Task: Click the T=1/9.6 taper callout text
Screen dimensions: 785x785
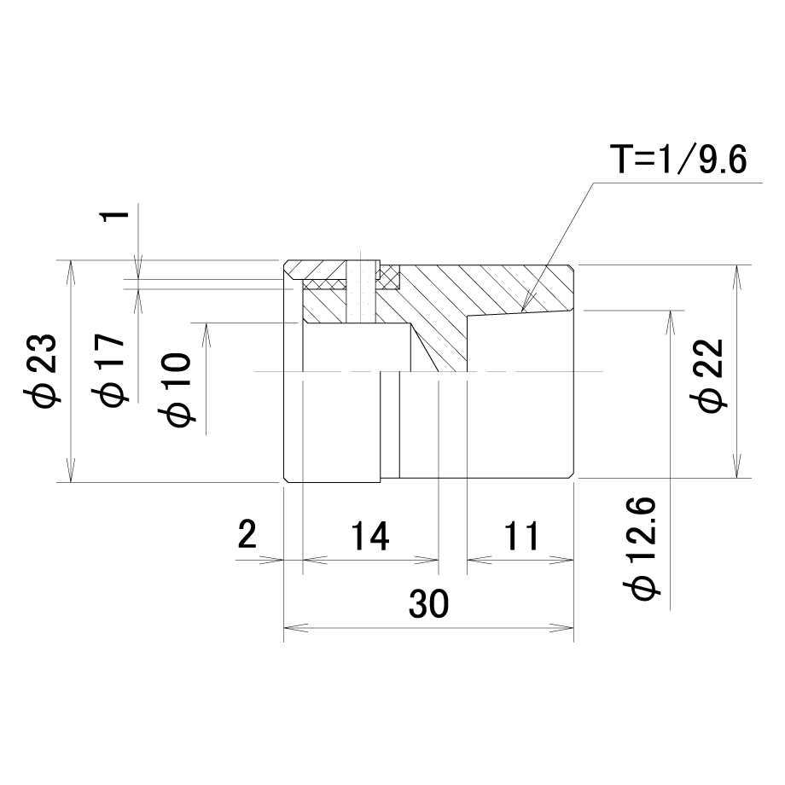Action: tap(677, 160)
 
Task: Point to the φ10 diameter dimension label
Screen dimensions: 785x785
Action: tap(175, 389)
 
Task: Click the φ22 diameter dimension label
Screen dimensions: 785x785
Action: tap(706, 375)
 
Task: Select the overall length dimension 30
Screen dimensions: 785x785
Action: tap(428, 603)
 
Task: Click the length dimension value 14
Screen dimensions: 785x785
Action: tap(369, 536)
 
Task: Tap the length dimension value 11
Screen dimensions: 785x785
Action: tap(521, 536)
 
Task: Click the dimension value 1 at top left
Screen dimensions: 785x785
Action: tap(115, 216)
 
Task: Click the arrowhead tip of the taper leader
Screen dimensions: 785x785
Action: tap(521, 312)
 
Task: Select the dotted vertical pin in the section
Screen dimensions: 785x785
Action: tap(360, 293)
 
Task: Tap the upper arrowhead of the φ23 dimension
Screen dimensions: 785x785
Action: tap(71, 261)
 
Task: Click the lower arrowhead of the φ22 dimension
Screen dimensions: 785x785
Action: tap(736, 477)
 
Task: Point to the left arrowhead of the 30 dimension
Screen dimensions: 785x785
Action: tap(285, 628)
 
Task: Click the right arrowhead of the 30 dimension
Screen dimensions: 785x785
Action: tap(573, 628)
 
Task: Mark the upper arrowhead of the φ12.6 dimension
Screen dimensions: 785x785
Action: tap(670, 311)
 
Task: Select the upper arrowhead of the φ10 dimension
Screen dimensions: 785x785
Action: tap(206, 324)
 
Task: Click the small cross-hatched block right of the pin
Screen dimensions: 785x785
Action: tap(389, 278)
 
